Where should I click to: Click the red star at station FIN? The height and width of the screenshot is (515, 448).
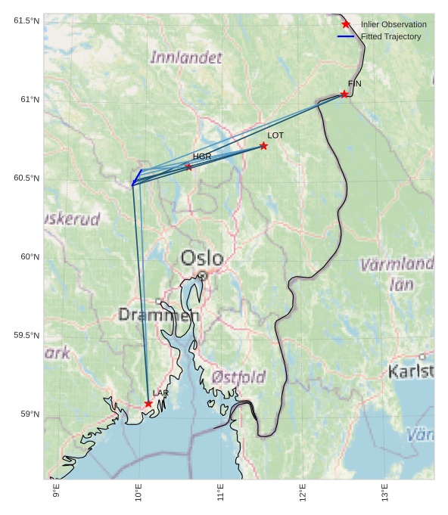344,94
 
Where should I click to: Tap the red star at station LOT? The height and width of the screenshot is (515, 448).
263,145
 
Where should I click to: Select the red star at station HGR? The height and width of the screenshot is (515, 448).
188,166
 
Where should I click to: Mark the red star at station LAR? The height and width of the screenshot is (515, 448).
148,404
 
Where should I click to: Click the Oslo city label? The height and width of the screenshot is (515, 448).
201,259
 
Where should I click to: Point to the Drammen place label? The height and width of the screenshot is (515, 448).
158,315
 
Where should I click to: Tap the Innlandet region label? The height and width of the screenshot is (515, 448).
186,57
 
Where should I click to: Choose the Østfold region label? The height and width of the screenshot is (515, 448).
238,377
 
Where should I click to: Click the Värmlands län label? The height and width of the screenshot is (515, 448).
397,275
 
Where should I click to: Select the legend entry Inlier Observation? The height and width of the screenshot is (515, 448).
394,24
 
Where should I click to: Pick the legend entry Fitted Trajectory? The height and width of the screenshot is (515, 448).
390,36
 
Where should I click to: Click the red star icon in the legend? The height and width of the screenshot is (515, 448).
346,24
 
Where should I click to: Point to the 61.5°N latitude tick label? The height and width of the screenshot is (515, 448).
26,20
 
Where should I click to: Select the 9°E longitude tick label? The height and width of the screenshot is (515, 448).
56,492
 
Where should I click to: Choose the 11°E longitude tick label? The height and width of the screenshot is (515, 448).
220,492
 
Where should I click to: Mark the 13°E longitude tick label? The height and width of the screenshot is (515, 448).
384,492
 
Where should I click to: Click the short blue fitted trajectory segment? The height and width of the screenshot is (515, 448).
137,178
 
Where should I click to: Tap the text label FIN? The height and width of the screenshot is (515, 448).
355,83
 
